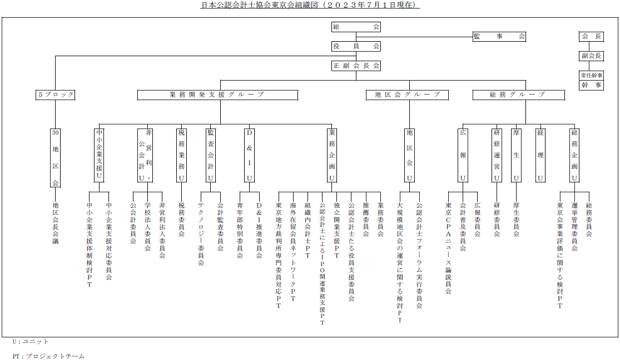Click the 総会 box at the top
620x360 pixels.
[x=356, y=27]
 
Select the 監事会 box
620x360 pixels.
[x=499, y=36]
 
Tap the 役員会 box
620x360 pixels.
[x=356, y=46]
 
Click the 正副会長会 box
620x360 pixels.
[x=356, y=66]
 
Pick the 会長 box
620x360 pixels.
[x=591, y=36]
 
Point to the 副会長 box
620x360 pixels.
[x=591, y=56]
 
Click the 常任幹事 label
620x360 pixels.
[x=591, y=75]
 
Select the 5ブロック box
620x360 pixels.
[x=56, y=95]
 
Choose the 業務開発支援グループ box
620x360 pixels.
[x=217, y=95]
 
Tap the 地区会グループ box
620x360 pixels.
[x=407, y=95]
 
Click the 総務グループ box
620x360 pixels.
[x=518, y=95]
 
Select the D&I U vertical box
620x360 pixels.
[x=249, y=155]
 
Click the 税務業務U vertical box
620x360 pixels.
[x=181, y=155]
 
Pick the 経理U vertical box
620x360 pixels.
[x=540, y=155]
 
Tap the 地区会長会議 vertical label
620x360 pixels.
[x=56, y=223]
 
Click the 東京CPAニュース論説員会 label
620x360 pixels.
[x=448, y=249]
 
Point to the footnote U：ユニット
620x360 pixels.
[x=31, y=342]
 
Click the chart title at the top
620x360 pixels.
[x=310, y=5]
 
